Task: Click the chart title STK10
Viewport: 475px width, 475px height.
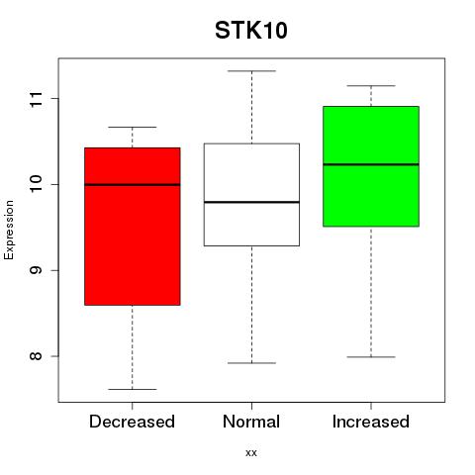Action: pyautogui.click(x=251, y=31)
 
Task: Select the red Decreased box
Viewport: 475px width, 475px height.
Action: pyautogui.click(x=133, y=227)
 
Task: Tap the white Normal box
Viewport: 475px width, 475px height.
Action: pyautogui.click(x=251, y=195)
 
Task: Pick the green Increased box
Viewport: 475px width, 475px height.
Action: pyautogui.click(x=371, y=166)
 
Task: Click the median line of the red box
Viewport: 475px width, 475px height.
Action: pyautogui.click(x=133, y=185)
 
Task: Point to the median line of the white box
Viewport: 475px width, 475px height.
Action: pyautogui.click(x=251, y=202)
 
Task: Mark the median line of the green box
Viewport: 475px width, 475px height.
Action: pyautogui.click(x=371, y=164)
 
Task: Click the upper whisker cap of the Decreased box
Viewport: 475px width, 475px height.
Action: pyautogui.click(x=133, y=127)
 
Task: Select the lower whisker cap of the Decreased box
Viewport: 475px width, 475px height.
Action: pyautogui.click(x=133, y=389)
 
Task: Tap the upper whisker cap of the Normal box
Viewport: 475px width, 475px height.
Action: pyautogui.click(x=251, y=71)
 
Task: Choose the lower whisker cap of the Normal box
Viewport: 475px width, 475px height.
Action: pyautogui.click(x=251, y=363)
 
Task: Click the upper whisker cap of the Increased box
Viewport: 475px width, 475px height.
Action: pyautogui.click(x=371, y=86)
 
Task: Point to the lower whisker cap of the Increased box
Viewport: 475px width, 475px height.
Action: pyautogui.click(x=371, y=357)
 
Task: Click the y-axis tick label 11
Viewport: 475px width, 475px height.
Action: pyautogui.click(x=36, y=99)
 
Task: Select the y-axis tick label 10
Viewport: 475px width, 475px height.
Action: pyautogui.click(x=36, y=184)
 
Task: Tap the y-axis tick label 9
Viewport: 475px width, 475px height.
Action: pyautogui.click(x=36, y=270)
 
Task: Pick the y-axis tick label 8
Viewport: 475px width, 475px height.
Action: pyautogui.click(x=36, y=356)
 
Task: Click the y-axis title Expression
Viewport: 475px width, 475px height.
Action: pyautogui.click(x=9, y=230)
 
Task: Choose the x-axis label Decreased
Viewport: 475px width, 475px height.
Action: pyautogui.click(x=132, y=422)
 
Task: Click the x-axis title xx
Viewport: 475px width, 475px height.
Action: pyautogui.click(x=251, y=453)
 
